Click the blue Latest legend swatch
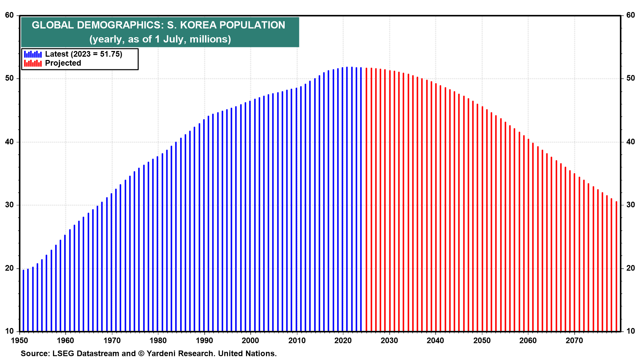click(33, 54)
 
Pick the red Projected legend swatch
click(33, 63)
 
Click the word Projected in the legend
click(63, 63)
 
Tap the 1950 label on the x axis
click(19, 340)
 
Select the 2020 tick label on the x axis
click(343, 340)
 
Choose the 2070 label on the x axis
click(574, 340)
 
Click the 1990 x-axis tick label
click(204, 340)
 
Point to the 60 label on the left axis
click(9, 15)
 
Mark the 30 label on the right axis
click(630, 205)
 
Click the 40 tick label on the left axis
click(9, 142)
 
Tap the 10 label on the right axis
click(630, 331)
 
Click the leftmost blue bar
click(23, 300)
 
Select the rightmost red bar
click(616, 267)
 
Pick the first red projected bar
click(366, 200)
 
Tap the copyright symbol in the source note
click(141, 353)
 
